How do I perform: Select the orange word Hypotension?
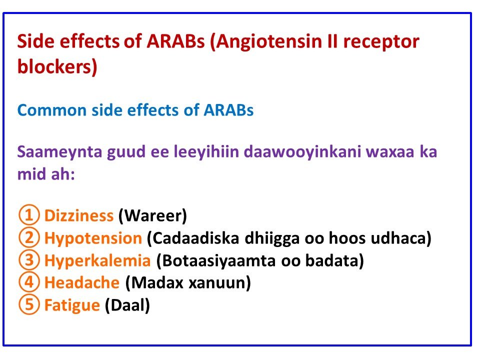point(93,238)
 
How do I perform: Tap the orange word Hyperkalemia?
point(97,260)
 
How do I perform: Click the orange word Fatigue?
point(72,305)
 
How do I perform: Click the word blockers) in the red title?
point(57,66)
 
